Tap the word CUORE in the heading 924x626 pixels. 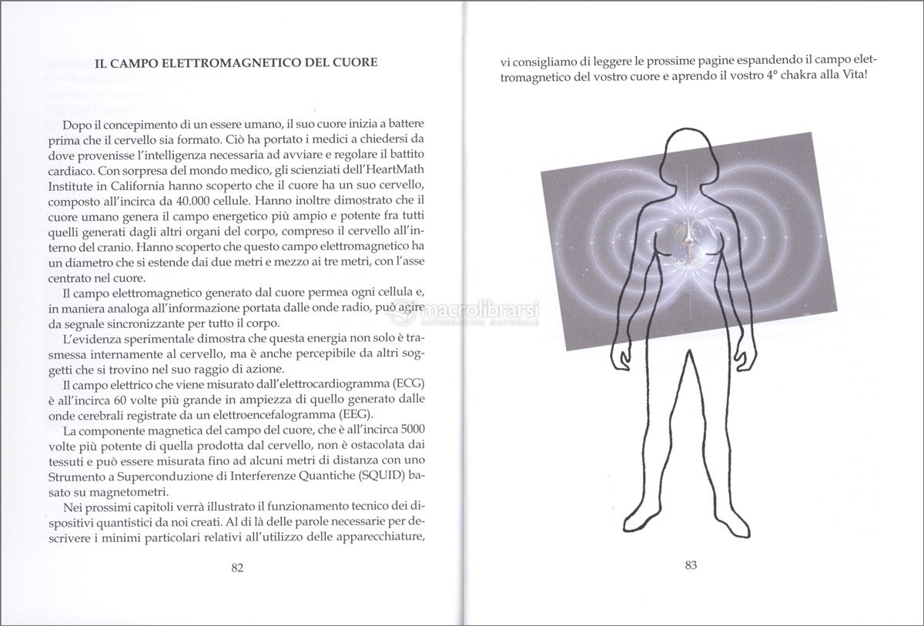352,61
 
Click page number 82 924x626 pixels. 237,568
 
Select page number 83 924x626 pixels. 691,565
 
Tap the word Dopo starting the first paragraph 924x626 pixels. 78,124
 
